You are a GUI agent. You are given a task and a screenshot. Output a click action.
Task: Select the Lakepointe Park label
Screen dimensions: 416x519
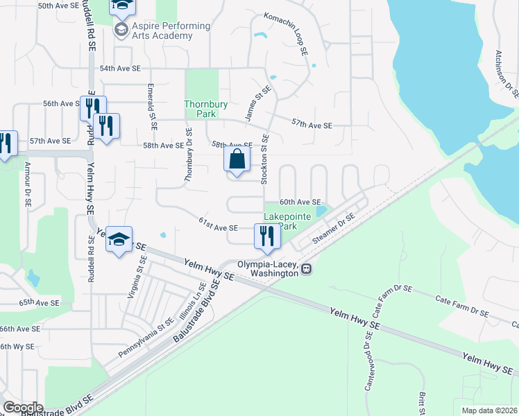[289, 221]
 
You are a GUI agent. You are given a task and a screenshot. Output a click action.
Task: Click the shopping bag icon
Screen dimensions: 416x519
[237, 159]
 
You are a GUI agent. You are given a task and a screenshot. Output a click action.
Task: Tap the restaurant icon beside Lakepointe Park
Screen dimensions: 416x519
[267, 236]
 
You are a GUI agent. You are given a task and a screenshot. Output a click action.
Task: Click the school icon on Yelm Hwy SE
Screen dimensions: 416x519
[120, 240]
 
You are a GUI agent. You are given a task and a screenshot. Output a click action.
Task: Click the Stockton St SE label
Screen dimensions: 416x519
[264, 160]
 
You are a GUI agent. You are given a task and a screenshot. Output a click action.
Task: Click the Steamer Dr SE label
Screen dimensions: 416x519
[334, 228]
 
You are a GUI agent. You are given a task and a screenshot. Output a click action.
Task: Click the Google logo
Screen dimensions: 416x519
[23, 407]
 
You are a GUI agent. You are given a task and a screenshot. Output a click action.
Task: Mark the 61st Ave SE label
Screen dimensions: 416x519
[218, 227]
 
